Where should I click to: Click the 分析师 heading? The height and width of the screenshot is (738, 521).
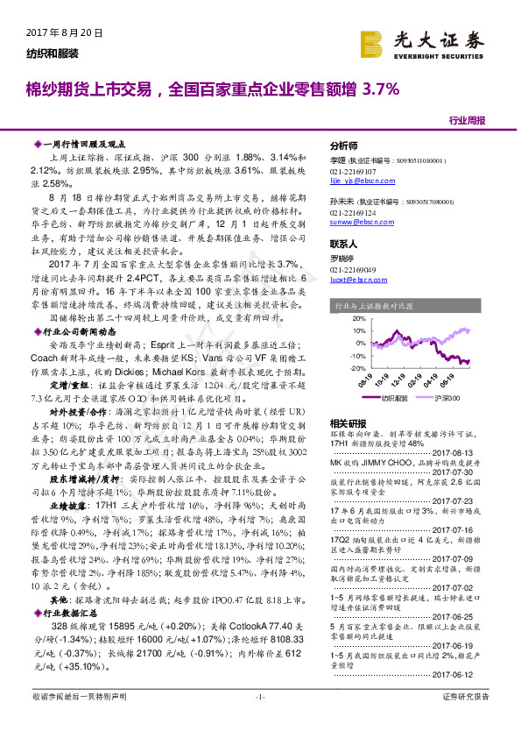tap(345, 145)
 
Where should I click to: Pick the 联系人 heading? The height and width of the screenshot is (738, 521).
tap(345, 243)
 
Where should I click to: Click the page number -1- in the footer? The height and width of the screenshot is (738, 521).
tap(259, 720)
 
